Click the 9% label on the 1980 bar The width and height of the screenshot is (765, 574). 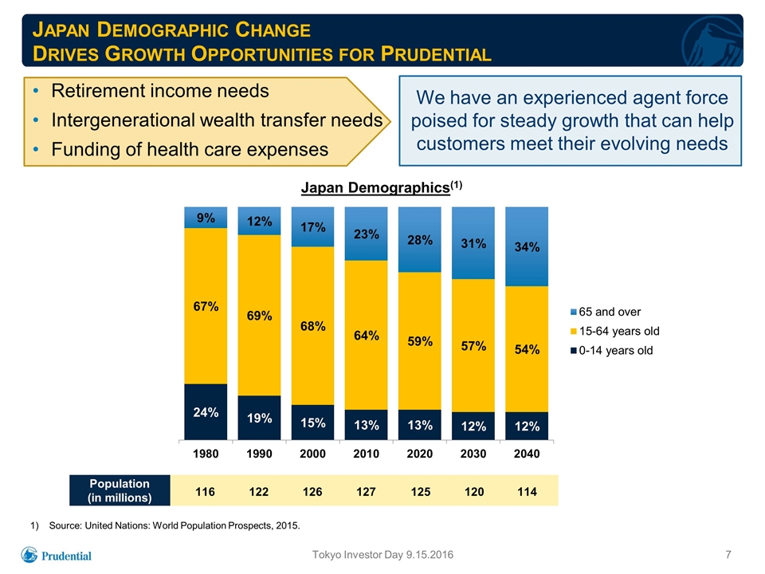206,218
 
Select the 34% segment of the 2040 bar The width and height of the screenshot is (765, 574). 527,246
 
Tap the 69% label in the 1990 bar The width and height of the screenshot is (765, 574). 259,316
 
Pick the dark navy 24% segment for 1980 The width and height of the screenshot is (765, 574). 206,411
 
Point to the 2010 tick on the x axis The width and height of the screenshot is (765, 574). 366,454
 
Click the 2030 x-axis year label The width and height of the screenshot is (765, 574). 473,454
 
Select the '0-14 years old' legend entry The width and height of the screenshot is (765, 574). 611,351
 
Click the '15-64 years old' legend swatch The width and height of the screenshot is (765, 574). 574,332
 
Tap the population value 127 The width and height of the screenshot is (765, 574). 366,492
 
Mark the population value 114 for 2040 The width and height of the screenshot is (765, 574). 527,492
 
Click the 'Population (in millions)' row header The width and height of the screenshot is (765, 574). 120,490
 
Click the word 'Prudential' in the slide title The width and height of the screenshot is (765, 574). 436,53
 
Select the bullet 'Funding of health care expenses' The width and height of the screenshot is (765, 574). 190,149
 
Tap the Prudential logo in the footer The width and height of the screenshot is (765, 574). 56,555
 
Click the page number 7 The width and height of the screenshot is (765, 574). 728,555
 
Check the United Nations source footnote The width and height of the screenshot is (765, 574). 166,525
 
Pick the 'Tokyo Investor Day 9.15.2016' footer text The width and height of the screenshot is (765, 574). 382,555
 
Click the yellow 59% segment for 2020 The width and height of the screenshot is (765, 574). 420,341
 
